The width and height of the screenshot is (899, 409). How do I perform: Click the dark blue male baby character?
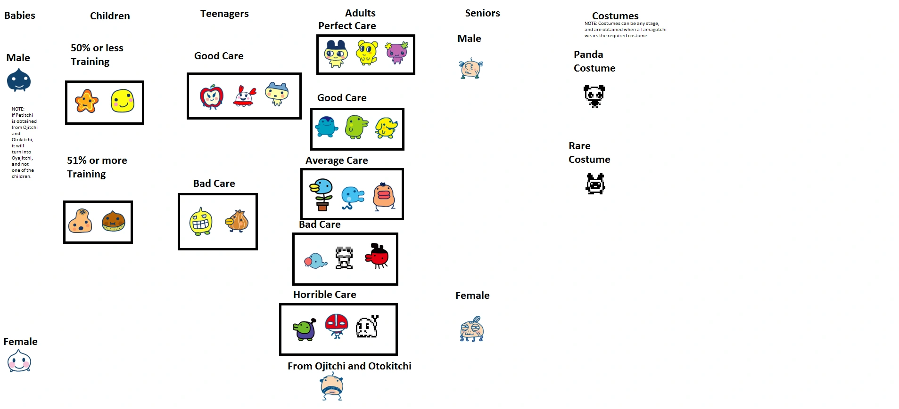(x=19, y=80)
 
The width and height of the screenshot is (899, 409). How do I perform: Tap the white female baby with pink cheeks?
(x=19, y=361)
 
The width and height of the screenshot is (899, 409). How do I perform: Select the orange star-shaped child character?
(x=87, y=101)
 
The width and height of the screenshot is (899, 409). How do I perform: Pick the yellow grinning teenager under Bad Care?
(x=201, y=222)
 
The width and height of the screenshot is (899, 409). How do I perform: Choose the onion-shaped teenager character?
(x=238, y=221)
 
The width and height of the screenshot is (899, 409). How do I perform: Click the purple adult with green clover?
(x=397, y=53)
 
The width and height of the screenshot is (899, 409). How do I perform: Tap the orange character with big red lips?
(x=384, y=196)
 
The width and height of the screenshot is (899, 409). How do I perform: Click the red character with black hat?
(x=377, y=256)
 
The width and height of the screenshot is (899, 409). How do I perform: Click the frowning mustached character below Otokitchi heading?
(x=332, y=386)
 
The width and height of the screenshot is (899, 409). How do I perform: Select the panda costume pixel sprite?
(x=594, y=96)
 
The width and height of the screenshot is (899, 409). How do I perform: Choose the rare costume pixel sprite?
(x=595, y=184)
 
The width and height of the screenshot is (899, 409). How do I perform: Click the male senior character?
(x=470, y=69)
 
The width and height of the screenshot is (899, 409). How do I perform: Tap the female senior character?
(x=471, y=329)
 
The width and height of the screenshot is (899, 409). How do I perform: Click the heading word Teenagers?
(x=224, y=14)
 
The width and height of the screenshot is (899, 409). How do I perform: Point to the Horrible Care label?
(x=324, y=295)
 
